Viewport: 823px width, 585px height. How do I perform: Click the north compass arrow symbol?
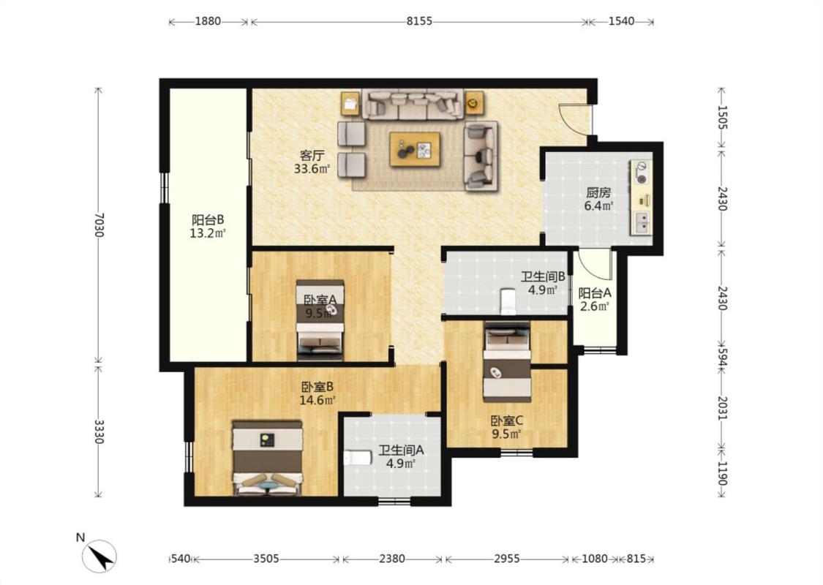(x=99, y=555)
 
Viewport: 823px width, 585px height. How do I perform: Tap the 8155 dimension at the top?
(x=419, y=21)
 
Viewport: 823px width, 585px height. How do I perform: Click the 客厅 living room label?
(x=312, y=155)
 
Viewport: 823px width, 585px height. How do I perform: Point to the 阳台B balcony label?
(x=208, y=219)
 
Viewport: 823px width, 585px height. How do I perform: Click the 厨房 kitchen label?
(x=598, y=192)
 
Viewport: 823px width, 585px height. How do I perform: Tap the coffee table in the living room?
(x=415, y=149)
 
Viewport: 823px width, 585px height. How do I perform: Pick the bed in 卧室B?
(x=268, y=457)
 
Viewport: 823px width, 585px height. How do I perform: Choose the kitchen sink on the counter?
(x=642, y=222)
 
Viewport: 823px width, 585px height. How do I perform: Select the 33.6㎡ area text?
(x=312, y=169)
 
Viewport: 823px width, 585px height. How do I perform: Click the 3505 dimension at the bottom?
(x=266, y=559)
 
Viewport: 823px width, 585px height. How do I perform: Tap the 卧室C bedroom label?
(x=507, y=420)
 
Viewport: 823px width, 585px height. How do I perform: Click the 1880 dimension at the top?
(x=208, y=21)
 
